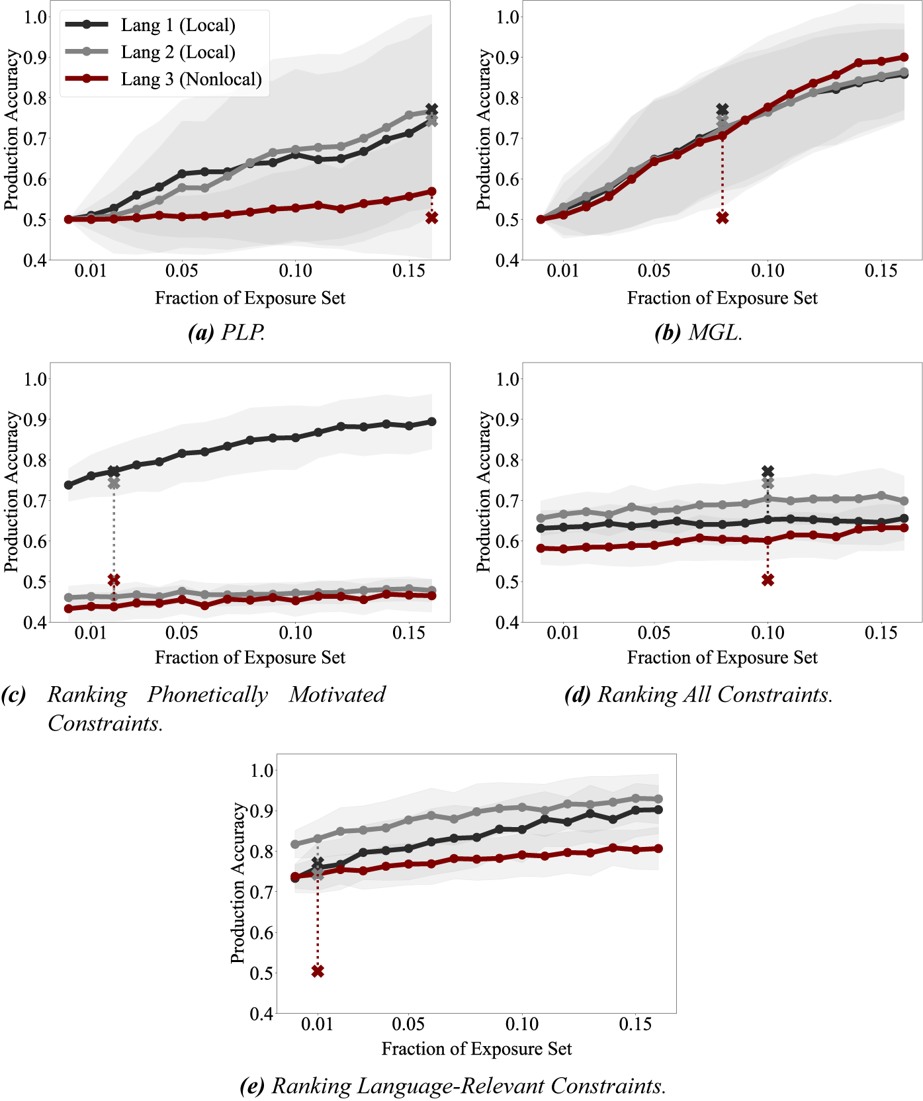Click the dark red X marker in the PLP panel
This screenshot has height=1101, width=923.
(x=431, y=218)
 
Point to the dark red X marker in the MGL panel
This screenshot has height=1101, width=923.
(x=723, y=218)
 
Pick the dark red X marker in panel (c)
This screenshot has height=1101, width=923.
(x=114, y=580)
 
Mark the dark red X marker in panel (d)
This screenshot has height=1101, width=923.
(x=768, y=580)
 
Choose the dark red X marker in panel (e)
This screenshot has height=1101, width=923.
(x=318, y=971)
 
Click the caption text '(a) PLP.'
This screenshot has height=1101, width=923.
(x=227, y=332)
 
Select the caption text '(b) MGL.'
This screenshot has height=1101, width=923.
(x=699, y=332)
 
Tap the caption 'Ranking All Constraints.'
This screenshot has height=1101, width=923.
(x=715, y=694)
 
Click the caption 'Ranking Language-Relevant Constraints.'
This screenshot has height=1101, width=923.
(x=468, y=1086)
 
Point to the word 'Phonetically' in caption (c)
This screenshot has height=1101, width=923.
(x=207, y=694)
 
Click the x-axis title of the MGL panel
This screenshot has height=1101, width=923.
(x=722, y=298)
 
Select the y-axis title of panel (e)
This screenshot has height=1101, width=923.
(x=238, y=883)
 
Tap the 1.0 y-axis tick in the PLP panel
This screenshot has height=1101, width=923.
(x=36, y=17)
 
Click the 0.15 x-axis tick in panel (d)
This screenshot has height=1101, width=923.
(x=881, y=633)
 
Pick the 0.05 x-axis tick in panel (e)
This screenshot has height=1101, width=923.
(x=408, y=1024)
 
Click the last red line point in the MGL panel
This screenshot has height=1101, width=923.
(x=904, y=58)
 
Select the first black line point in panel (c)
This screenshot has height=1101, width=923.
(x=69, y=485)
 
